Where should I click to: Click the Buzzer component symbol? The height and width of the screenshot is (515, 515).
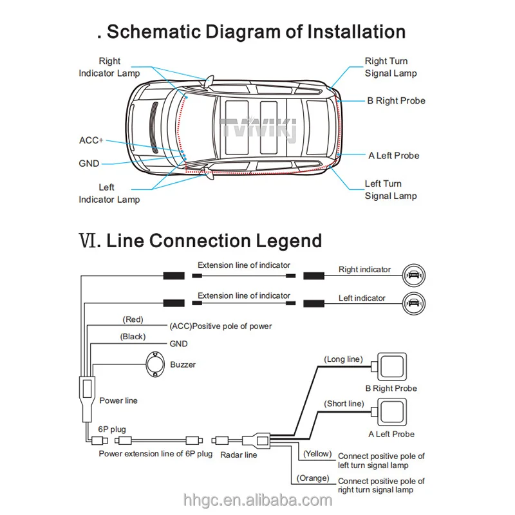click(155, 364)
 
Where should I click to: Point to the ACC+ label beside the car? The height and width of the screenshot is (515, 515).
click(91, 140)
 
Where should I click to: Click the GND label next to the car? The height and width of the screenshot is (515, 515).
click(89, 164)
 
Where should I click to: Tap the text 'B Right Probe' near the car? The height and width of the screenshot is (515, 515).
click(396, 100)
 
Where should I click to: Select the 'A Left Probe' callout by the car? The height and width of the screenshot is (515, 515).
click(393, 156)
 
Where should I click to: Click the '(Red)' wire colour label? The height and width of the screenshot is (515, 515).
click(132, 319)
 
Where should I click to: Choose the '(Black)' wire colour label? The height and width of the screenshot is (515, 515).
click(133, 337)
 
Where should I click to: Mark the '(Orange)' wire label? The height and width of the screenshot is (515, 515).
click(314, 478)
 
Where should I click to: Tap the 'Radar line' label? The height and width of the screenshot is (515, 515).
click(238, 455)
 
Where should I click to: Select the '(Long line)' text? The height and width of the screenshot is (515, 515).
click(344, 359)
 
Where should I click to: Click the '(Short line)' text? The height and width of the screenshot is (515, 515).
click(344, 404)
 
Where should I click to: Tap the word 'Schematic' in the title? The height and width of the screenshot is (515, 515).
click(154, 32)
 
